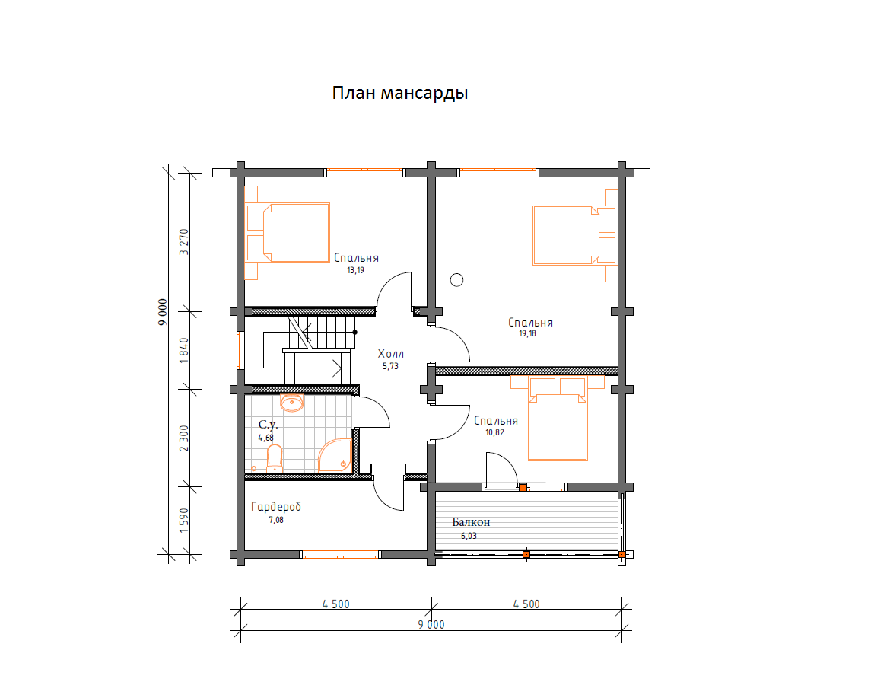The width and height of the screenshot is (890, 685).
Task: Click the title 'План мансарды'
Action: point(400,93)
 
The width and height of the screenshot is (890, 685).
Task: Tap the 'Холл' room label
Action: point(390,354)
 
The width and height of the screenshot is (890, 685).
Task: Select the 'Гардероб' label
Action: point(276,507)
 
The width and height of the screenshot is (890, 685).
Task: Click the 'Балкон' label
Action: point(471,522)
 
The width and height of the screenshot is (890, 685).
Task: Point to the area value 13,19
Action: point(356,270)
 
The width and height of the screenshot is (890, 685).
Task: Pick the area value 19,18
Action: point(527,333)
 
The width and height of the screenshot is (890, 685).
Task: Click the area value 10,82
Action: point(494,432)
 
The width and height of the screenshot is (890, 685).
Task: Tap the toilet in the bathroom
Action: point(275,458)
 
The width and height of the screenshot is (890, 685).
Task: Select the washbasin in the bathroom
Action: point(292,403)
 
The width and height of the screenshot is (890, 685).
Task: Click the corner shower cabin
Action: point(336,456)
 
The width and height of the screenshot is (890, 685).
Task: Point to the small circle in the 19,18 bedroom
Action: point(456,279)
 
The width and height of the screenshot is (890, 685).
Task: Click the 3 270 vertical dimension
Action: point(183,242)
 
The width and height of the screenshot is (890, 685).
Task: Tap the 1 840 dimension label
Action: point(183,350)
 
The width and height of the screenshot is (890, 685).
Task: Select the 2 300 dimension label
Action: point(183,438)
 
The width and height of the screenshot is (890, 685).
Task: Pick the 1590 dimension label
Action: point(183,521)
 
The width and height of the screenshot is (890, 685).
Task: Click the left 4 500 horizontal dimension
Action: point(336,604)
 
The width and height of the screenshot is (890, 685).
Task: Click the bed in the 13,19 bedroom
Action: point(288,233)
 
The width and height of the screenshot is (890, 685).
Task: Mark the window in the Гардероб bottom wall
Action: point(340,554)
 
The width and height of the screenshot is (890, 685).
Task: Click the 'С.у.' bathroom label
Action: point(268,425)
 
